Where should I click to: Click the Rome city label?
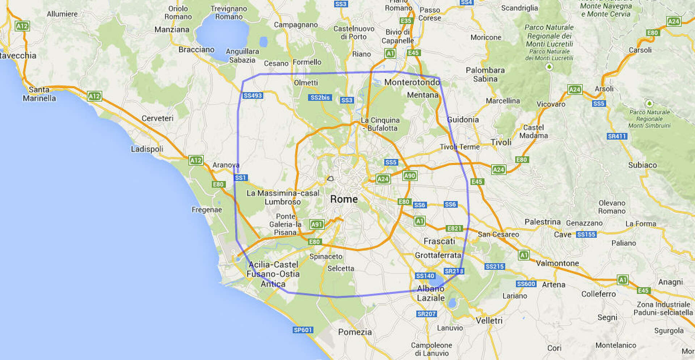344,199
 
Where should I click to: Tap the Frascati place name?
439,241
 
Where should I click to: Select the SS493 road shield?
253,96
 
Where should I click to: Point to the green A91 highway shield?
317,224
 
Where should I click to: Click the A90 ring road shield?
409,176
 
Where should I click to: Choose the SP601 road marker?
303,330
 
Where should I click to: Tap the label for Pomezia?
355,332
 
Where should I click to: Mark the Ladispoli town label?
147,149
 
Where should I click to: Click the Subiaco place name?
643,165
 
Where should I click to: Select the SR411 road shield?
617,136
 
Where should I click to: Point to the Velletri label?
489,321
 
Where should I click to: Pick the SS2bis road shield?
320,98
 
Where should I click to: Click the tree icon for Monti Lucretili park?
549,67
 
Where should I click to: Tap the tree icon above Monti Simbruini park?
649,104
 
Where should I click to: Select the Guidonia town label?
463,120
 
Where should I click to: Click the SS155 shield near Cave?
586,234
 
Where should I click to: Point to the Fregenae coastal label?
207,210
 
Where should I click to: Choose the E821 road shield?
454,229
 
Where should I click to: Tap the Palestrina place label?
542,222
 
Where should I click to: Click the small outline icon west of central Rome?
330,178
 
